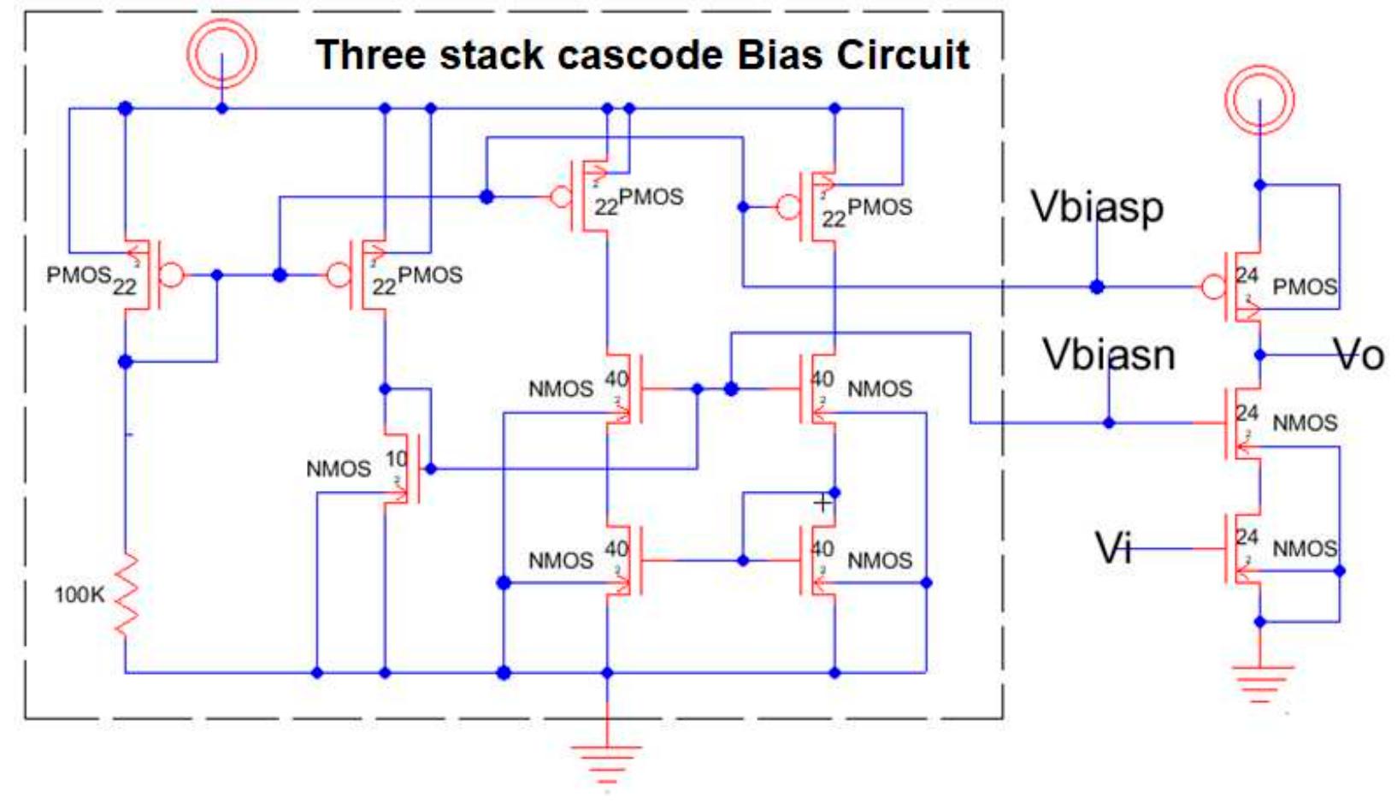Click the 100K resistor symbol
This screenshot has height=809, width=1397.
click(127, 594)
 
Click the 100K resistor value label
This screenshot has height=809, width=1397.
click(79, 594)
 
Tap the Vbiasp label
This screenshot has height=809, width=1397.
click(1097, 207)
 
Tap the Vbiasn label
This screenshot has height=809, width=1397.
click(1108, 354)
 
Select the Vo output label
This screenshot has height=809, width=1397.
click(1359, 354)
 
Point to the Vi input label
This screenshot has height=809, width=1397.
click(1113, 547)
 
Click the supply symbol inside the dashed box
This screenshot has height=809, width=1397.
click(221, 53)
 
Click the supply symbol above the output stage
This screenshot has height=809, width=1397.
click(1258, 99)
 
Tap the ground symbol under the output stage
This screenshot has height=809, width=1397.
click(1258, 682)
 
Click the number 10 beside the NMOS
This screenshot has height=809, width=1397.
click(395, 459)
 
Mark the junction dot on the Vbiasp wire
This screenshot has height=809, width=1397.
click(1097, 286)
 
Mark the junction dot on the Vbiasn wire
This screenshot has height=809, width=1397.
click(1109, 422)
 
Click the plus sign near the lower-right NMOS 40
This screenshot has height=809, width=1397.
click(822, 503)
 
